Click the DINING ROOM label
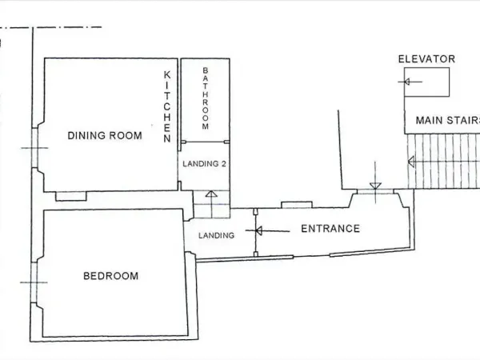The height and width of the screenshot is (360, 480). tap(105, 135)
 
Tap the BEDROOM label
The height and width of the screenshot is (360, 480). tap(110, 276)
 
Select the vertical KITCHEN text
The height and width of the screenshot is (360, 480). tap(167, 106)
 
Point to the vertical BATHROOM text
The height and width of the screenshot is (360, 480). tap(205, 99)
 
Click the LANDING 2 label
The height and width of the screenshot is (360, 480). tap(205, 164)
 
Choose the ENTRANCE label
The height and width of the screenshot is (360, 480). tap(330, 229)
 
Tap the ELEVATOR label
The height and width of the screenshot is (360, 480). tap(426, 59)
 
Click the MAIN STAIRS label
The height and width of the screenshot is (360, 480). tap(446, 121)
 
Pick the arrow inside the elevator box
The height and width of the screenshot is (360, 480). tap(407, 82)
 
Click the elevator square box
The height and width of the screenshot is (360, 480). tap(426, 82)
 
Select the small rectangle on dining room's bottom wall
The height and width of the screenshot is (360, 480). tap(71, 196)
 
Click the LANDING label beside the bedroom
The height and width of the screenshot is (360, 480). tap(216, 235)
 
